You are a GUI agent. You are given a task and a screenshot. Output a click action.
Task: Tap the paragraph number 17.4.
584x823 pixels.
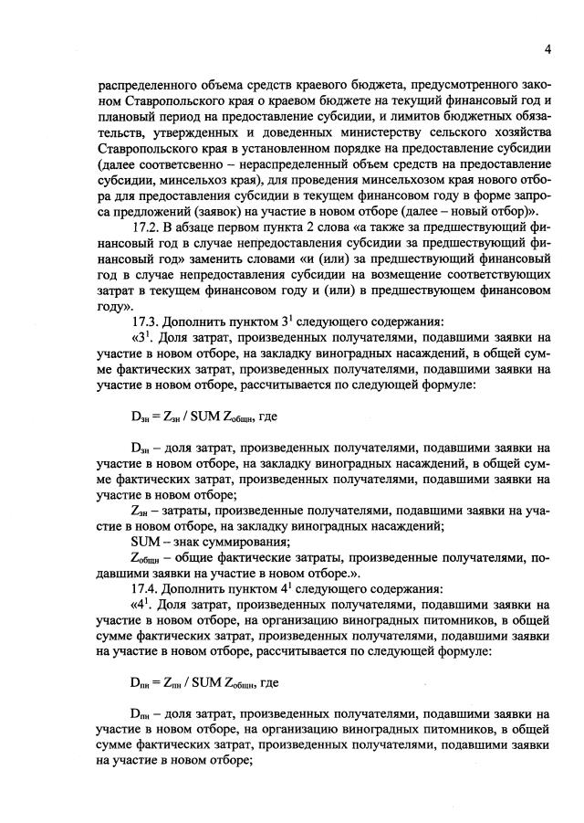click(148, 587)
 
